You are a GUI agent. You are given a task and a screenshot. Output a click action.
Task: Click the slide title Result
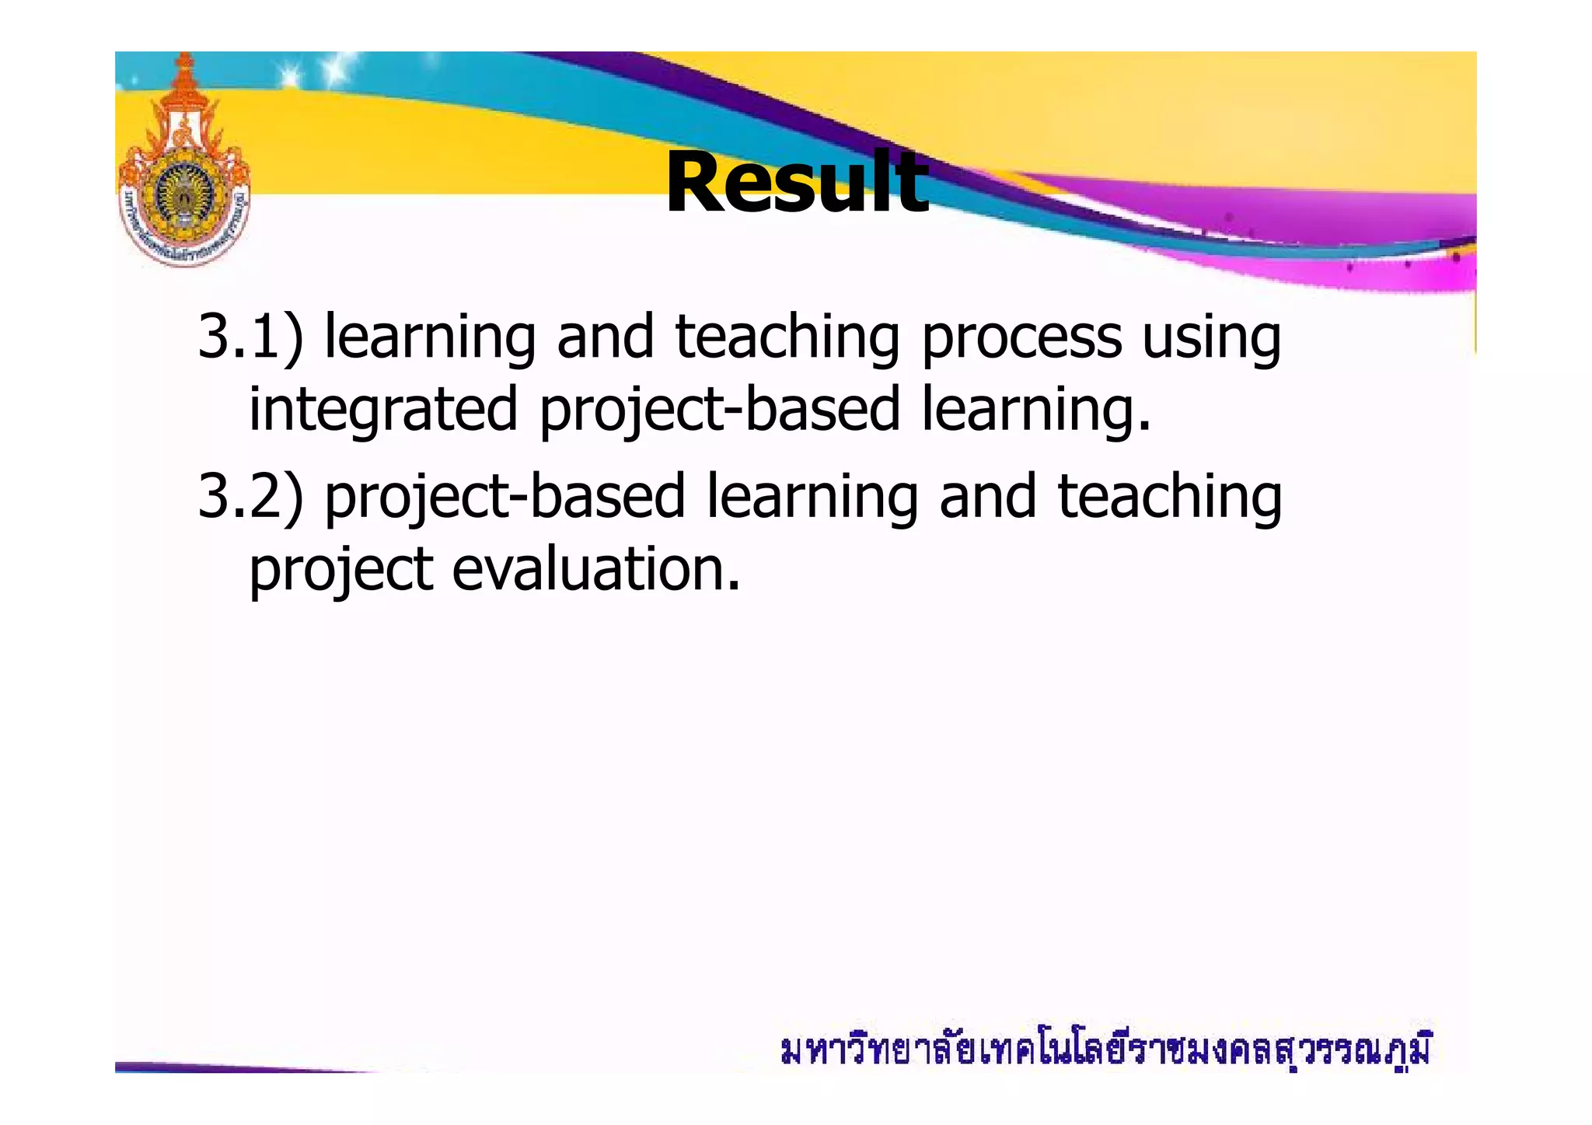pyautogui.click(x=797, y=183)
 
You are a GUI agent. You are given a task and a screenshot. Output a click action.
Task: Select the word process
pyautogui.click(x=1021, y=339)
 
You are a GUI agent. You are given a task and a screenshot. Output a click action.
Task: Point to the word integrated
pyautogui.click(x=382, y=411)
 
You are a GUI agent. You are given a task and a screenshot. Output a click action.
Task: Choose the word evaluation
pyautogui.click(x=596, y=569)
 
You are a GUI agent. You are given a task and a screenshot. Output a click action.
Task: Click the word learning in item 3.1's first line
pyautogui.click(x=430, y=339)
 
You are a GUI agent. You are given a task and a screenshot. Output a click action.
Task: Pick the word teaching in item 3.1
pyautogui.click(x=787, y=339)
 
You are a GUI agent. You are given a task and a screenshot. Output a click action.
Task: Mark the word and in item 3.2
pyautogui.click(x=988, y=498)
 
